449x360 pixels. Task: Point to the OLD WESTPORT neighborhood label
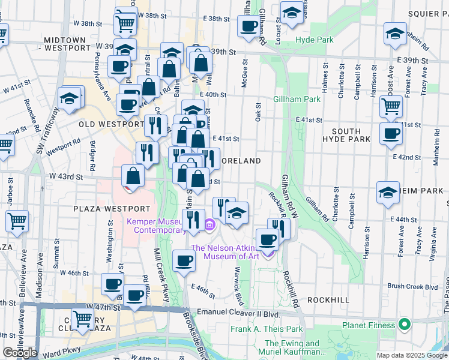111,124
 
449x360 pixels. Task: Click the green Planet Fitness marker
405,326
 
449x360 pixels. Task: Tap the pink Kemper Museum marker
209,226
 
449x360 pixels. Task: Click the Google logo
20,352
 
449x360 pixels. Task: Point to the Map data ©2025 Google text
412,355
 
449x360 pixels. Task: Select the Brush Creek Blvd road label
413,287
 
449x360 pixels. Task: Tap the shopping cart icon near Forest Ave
391,107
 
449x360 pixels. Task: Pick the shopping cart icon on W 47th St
83,318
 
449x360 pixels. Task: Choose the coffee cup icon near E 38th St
247,25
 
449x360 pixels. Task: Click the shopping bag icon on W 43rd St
133,176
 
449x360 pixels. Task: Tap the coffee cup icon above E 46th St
184,260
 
